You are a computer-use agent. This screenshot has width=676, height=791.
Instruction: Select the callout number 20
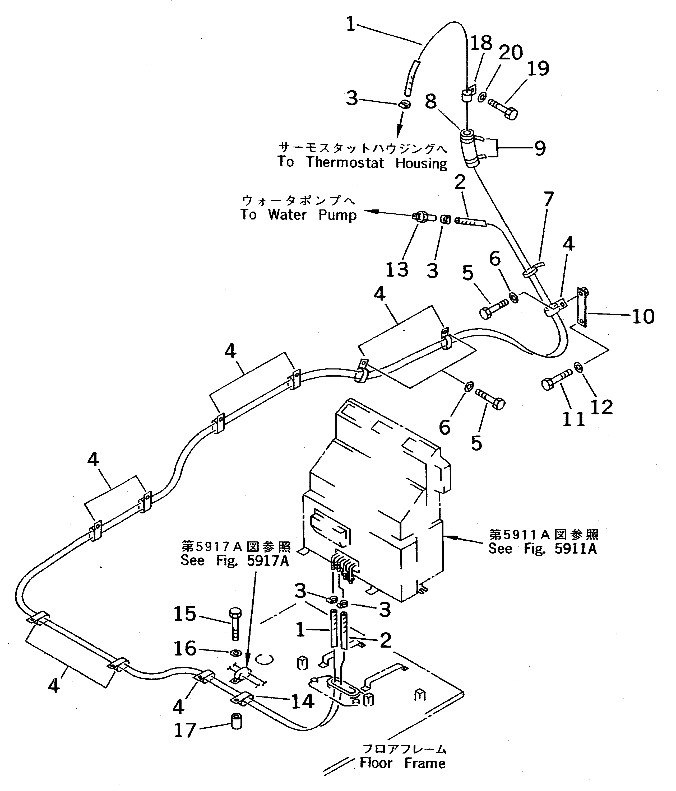point(510,52)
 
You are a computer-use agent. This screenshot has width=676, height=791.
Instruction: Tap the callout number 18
point(481,43)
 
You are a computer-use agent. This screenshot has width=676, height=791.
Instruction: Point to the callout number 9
point(540,148)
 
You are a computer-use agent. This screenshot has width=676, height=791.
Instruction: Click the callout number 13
point(397,270)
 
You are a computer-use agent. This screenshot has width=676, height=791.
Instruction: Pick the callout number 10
point(643,316)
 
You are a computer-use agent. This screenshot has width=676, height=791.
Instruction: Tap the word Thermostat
point(345,163)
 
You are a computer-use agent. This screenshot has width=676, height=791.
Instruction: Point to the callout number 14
point(303,701)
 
